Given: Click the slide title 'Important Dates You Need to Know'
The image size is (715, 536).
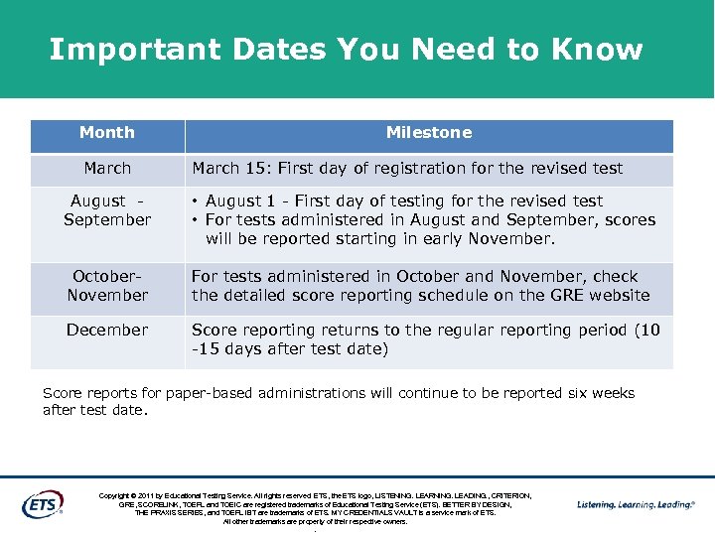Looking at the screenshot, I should point(346,49).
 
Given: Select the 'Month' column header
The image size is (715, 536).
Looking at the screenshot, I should point(107,133).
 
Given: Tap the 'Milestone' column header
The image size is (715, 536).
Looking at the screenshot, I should point(428,133).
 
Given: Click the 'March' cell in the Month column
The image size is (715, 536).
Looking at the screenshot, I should point(107,169).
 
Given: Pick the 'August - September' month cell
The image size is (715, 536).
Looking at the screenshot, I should point(107,210).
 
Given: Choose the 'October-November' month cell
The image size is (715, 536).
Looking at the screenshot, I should point(107,286).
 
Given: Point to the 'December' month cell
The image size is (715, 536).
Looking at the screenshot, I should point(107,330).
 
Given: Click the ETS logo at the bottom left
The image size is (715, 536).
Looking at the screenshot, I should point(43,503).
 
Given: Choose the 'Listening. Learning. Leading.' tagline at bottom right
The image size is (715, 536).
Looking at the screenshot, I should point(637,504).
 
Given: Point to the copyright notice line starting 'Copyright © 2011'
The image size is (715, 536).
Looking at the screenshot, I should point(315,495).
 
